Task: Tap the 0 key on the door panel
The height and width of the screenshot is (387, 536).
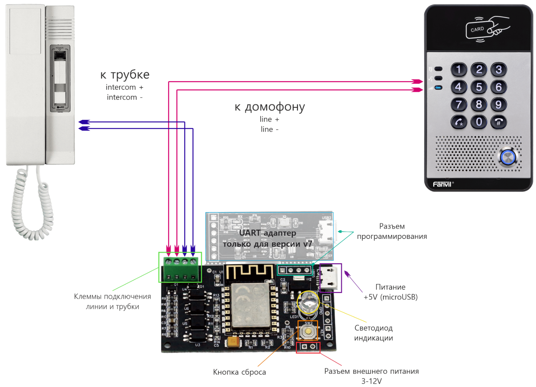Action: click(x=479, y=122)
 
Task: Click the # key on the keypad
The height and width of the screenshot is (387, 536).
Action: click(x=498, y=122)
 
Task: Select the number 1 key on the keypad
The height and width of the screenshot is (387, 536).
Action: click(x=459, y=69)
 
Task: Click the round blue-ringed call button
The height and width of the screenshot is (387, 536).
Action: click(x=508, y=157)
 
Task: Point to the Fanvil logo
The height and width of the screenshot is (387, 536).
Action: click(x=442, y=184)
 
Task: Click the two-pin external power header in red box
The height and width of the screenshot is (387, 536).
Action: click(x=308, y=347)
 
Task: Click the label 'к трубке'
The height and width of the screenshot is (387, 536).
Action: click(x=125, y=75)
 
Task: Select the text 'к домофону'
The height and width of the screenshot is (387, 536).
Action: click(x=270, y=107)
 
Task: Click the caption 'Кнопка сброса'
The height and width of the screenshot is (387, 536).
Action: click(x=239, y=372)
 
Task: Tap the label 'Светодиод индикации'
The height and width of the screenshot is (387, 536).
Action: click(x=373, y=333)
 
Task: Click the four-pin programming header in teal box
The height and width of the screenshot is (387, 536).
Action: click(x=295, y=270)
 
